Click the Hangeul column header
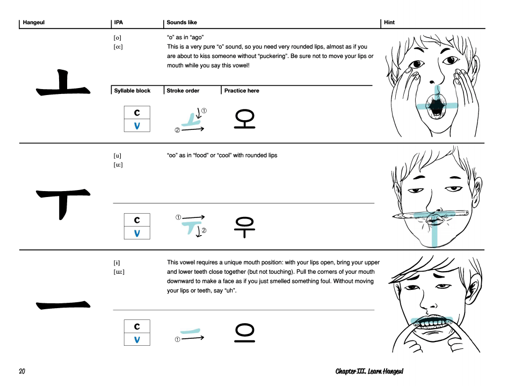tap(33, 23)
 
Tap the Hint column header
tap(389, 23)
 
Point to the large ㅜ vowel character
tap(63, 203)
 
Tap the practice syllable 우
tap(245, 225)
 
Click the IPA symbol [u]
tap(117, 156)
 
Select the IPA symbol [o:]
tap(118, 47)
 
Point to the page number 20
tap(22, 372)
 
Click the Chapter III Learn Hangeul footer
tap(369, 372)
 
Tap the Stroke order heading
tap(183, 91)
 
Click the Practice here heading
tap(242, 91)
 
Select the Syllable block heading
tap(132, 91)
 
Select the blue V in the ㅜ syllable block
tap(137, 233)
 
